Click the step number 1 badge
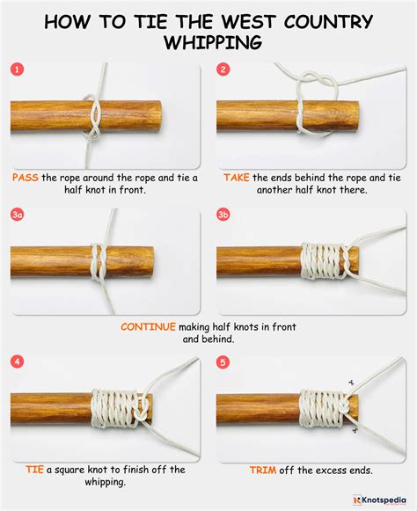coord(17,69)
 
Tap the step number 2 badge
coord(223,69)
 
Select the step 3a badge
coord(18,215)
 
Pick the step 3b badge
coord(224,215)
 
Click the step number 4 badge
coord(17,361)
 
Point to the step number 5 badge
coord(223,361)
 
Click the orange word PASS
coord(25,177)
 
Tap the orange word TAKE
coord(237,177)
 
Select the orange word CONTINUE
coord(148,326)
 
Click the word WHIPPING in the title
coord(208,42)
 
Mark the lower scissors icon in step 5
coord(355,430)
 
